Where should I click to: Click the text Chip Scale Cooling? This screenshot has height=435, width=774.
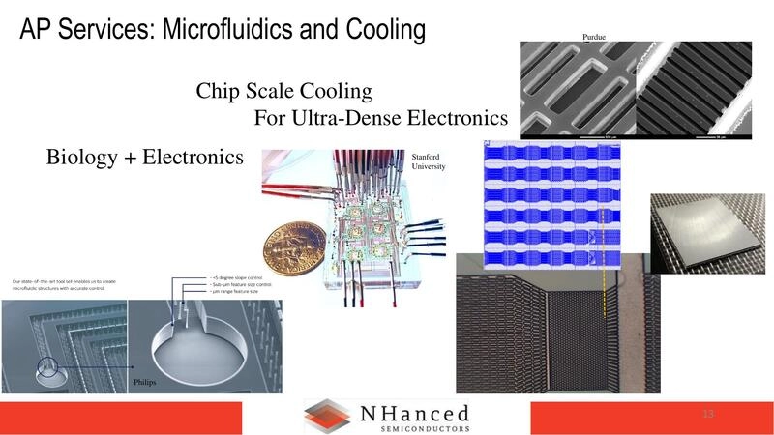(x=283, y=92)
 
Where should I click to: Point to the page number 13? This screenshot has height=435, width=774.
(x=708, y=415)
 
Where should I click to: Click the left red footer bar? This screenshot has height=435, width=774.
(x=145, y=418)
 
